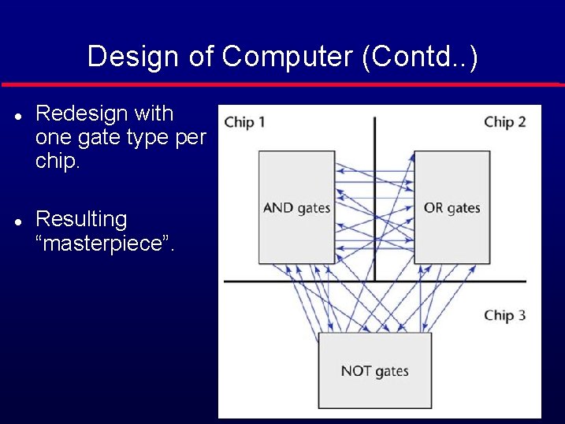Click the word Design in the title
(x=133, y=57)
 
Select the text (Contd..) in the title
(x=419, y=57)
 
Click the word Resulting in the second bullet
(x=81, y=219)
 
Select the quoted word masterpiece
(x=106, y=243)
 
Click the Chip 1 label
(x=244, y=122)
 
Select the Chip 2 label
(x=504, y=122)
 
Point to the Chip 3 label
(x=504, y=315)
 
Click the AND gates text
(x=296, y=208)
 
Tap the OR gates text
(x=452, y=208)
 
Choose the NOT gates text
(x=374, y=370)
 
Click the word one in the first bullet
(x=54, y=138)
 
